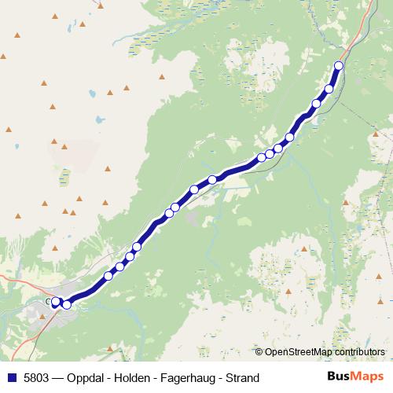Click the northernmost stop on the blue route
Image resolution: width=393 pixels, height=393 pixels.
[340, 65]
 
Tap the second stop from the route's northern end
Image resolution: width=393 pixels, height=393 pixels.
[329, 88]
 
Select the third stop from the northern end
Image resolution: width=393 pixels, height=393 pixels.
[317, 103]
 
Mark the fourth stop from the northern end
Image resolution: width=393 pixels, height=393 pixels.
[289, 138]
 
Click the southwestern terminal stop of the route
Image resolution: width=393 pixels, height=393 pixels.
[56, 301]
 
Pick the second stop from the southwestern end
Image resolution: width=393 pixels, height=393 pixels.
[67, 304]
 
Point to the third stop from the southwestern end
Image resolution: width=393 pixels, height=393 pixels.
[108, 276]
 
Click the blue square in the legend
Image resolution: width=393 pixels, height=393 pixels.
[12, 378]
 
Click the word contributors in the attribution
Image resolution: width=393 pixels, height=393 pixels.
[358, 351]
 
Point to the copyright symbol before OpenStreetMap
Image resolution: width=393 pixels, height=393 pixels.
[259, 351]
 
